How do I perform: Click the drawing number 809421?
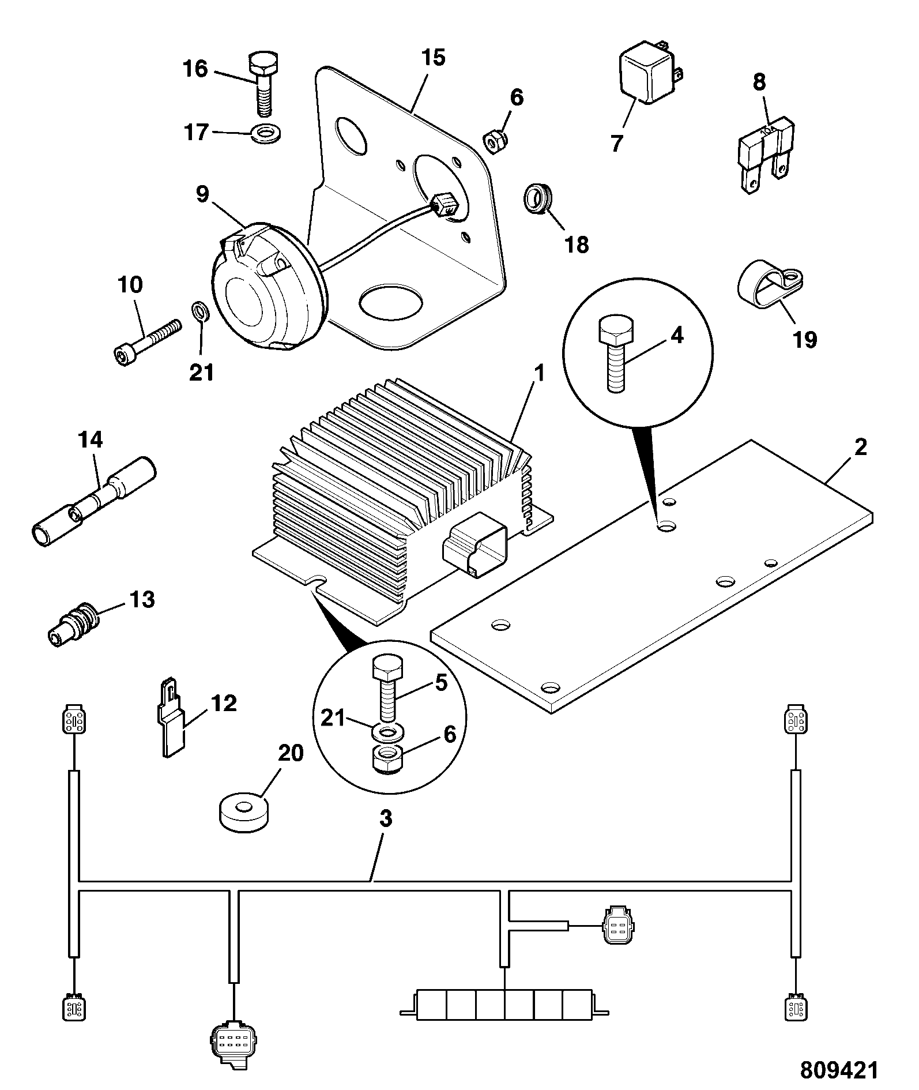pos(839,1070)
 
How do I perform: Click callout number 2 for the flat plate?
pos(860,447)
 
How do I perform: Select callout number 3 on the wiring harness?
pos(385,818)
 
